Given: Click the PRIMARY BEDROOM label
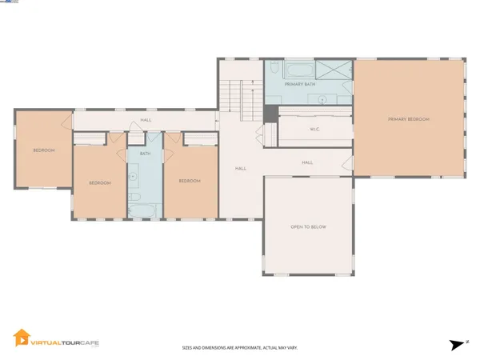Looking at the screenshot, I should [x=409, y=119].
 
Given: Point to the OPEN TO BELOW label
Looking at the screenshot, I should [x=308, y=227].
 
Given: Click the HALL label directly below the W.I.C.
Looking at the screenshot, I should [x=307, y=162].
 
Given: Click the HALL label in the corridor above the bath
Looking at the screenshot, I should [x=146, y=120].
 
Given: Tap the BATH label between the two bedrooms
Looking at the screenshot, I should [x=145, y=154].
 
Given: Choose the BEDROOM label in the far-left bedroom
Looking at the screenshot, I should [x=43, y=150].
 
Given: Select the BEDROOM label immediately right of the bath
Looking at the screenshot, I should [x=189, y=182].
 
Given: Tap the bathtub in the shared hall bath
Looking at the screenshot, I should [x=145, y=210].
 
